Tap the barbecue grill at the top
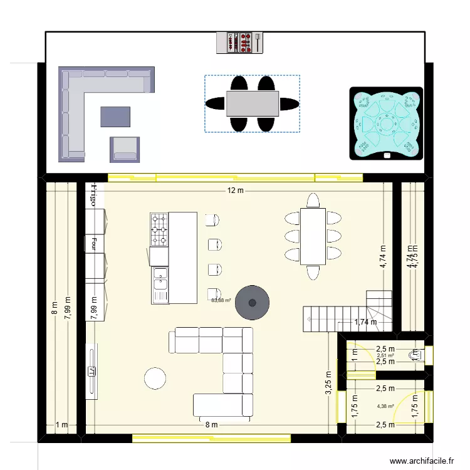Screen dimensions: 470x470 click(243, 43)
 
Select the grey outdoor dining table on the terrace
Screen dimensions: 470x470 click(253, 103)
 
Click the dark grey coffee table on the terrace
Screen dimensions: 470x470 click(115, 117)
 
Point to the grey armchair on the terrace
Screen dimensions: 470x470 click(125, 149)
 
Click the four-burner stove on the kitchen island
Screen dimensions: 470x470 click(159, 229)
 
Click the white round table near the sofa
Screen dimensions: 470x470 click(155, 377)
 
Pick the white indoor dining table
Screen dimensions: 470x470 click(312, 236)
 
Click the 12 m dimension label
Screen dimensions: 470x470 click(236, 191)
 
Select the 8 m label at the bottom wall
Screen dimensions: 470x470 click(211, 424)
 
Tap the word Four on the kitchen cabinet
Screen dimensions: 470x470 click(92, 243)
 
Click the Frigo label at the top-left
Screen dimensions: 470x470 click(92, 195)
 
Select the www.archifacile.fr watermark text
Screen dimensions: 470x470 click(421, 461)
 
